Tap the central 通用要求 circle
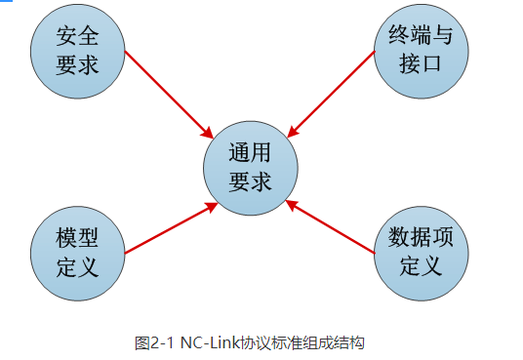click(x=250, y=169)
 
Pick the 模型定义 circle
click(x=78, y=251)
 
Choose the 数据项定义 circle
click(x=422, y=251)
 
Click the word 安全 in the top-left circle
click(x=78, y=35)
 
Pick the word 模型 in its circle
click(x=78, y=237)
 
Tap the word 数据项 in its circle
click(x=422, y=237)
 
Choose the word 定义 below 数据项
click(x=422, y=265)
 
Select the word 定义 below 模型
click(x=78, y=265)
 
